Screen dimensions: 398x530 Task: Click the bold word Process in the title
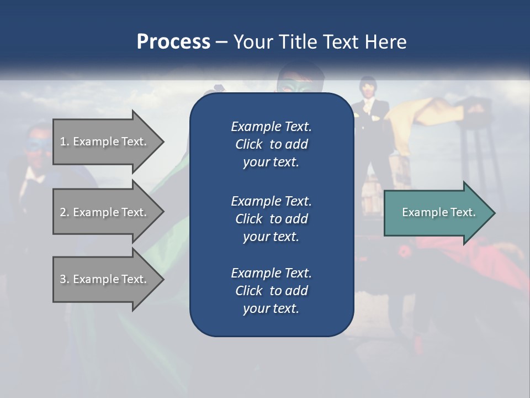[x=173, y=41]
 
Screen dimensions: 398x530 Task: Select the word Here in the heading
[x=386, y=41]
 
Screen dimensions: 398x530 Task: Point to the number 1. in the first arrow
[x=65, y=142]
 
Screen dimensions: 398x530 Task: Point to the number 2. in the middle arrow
[x=65, y=212]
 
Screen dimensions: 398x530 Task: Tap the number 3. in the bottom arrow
[x=65, y=279]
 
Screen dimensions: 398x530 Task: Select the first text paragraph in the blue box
[x=271, y=144]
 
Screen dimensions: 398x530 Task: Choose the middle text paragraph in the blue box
[x=271, y=219]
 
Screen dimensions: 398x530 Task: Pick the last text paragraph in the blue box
[x=271, y=291]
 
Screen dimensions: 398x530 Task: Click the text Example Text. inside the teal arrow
[x=438, y=212]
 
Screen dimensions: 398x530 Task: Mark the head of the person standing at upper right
[x=367, y=86]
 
